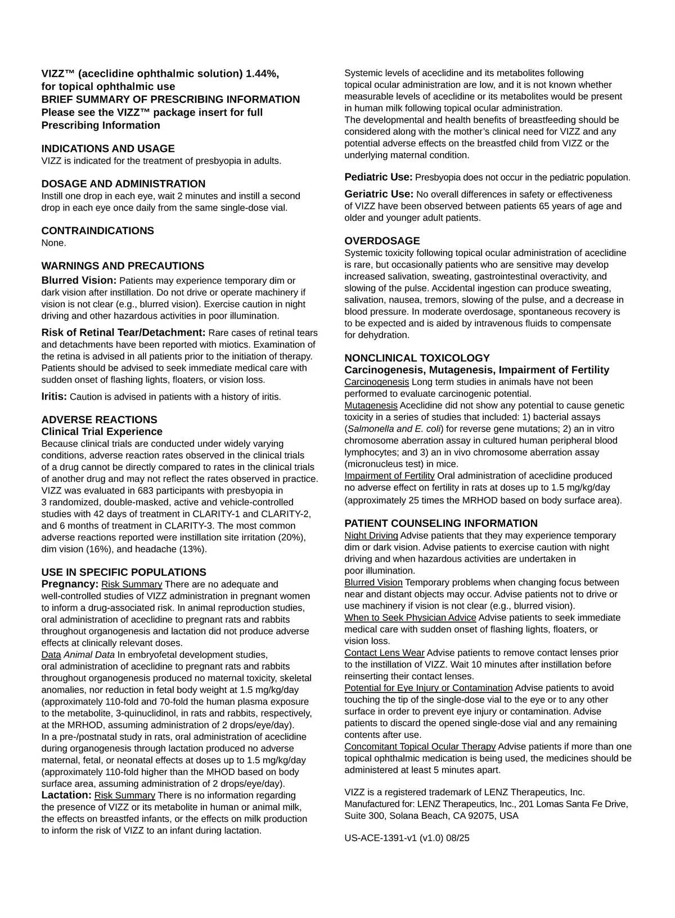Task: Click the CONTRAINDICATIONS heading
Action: pyautogui.click(x=97, y=231)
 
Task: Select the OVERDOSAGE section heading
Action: pyautogui.click(x=382, y=241)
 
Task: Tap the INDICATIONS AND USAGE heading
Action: pyautogui.click(x=108, y=149)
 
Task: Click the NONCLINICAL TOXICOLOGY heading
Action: pyautogui.click(x=417, y=358)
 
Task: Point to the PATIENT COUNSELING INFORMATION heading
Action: pyautogui.click(x=441, y=523)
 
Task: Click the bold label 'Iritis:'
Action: pyautogui.click(x=54, y=396)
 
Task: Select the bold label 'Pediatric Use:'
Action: pyautogui.click(x=379, y=177)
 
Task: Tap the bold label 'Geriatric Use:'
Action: pyautogui.click(x=379, y=194)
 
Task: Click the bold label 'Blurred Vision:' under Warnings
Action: pyautogui.click(x=79, y=280)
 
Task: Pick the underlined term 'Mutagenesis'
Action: pyautogui.click(x=371, y=406)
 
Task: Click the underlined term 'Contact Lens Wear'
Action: pyautogui.click(x=384, y=653)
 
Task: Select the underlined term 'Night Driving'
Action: pyautogui.click(x=371, y=536)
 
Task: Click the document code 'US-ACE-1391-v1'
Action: pyautogui.click(x=381, y=838)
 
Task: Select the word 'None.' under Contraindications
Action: pyautogui.click(x=53, y=243)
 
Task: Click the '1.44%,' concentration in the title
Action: pyautogui.click(x=262, y=74)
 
